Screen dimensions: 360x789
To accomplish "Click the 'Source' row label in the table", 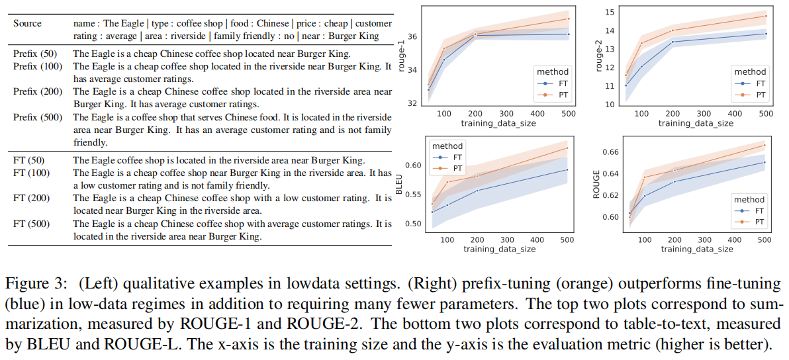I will click(27, 23).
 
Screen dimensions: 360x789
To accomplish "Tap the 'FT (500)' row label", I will click(31, 224).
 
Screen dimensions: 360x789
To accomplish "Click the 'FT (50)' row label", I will click(29, 159).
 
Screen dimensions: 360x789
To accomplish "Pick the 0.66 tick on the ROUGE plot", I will click(610, 152).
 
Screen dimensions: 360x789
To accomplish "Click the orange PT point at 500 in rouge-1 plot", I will click(568, 19).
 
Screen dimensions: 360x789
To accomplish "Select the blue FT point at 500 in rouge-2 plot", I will click(765, 34).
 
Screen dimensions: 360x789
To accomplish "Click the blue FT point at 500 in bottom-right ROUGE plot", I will click(764, 162).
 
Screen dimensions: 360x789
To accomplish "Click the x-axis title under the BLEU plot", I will click(500, 249).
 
